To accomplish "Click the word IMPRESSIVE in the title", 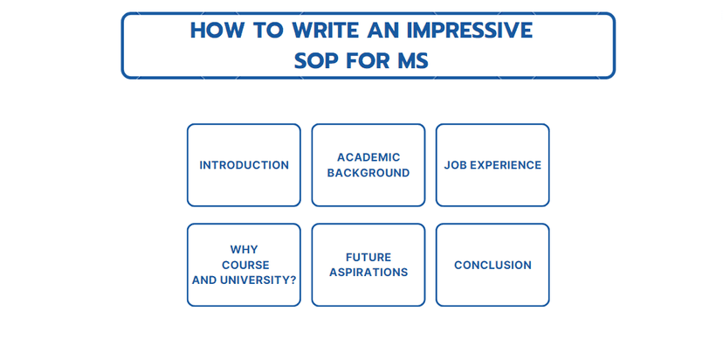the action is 470,31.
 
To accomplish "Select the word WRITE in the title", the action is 326,31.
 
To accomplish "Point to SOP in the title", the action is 316,61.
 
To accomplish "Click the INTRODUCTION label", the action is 244,165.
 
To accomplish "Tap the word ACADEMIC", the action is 368,157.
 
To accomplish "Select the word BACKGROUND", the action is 368,173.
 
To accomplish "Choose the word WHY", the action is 244,250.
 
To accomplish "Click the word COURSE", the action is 245,266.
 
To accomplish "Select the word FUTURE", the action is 368,257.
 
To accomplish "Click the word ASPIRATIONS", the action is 368,273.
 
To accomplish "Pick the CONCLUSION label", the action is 492,265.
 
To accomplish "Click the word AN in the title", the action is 383,31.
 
